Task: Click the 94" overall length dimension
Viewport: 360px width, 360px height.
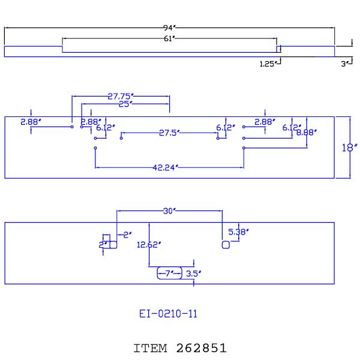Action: click(x=169, y=28)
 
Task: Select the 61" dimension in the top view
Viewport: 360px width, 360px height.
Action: click(x=169, y=38)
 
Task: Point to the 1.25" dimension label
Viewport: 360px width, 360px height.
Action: click(x=268, y=64)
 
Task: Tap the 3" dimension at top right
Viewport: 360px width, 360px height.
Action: click(x=345, y=64)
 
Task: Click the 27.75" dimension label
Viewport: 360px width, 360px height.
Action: click(x=121, y=96)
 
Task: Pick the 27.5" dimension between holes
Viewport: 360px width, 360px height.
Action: click(x=170, y=133)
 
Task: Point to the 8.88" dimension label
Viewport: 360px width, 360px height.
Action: click(x=307, y=132)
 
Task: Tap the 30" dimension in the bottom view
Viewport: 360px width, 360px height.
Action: click(x=169, y=211)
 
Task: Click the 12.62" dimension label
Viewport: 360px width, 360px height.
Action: click(x=149, y=245)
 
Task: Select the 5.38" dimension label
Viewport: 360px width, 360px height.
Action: click(x=239, y=231)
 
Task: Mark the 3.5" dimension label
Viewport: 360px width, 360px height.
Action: click(x=193, y=274)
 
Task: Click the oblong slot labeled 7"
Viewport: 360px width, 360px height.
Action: click(x=169, y=274)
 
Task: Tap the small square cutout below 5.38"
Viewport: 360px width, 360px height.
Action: click(x=226, y=245)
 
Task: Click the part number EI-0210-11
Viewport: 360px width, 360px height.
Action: click(x=168, y=313)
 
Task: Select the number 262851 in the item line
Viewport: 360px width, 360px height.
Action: click(x=202, y=348)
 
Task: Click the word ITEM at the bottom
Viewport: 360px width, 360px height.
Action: click(x=152, y=348)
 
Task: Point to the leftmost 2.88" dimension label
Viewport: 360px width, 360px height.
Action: click(x=30, y=122)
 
